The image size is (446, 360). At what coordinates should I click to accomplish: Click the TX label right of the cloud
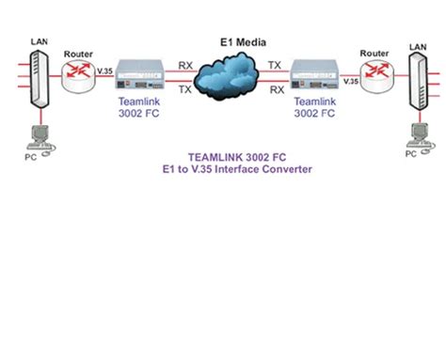275,66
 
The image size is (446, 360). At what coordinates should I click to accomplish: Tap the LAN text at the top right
416,45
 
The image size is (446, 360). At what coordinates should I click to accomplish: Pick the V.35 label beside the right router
349,81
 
